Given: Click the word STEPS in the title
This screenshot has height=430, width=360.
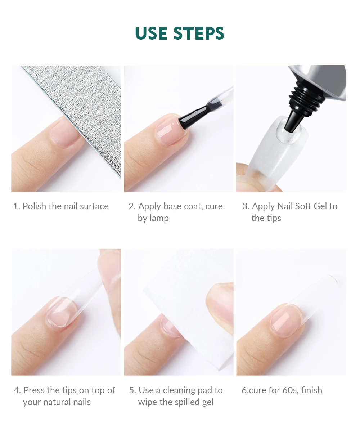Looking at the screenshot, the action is pyautogui.click(x=199, y=33).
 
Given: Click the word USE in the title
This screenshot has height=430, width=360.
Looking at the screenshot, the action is pyautogui.click(x=151, y=33).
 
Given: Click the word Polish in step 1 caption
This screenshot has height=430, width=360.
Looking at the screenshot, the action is pyautogui.click(x=34, y=206).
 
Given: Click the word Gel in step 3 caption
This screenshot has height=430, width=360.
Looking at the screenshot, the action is pyautogui.click(x=320, y=206).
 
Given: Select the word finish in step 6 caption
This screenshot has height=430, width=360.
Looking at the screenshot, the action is pyautogui.click(x=312, y=390).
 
